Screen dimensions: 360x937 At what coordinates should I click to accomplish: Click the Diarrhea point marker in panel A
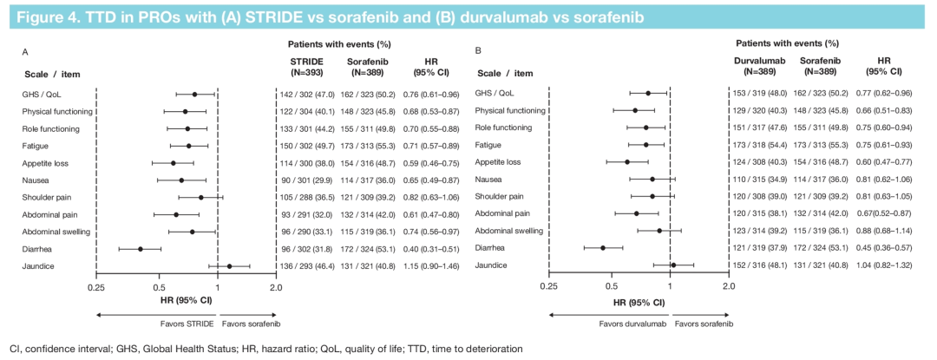coord(140,249)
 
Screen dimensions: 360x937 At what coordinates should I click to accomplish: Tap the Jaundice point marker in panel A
coord(229,266)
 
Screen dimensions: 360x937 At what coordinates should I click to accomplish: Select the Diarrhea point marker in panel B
coord(602,248)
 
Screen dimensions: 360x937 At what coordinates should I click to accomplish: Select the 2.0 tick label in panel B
coord(728,286)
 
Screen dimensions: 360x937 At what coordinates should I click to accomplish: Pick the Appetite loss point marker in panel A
coord(173,163)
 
